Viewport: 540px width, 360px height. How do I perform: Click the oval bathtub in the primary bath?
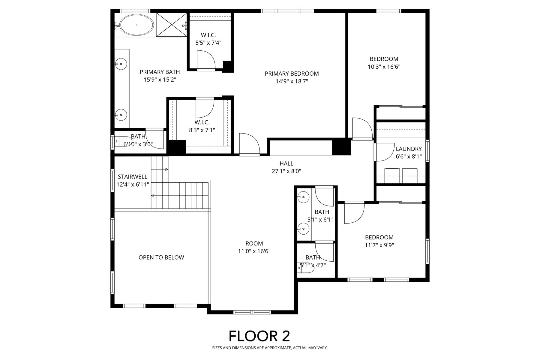tap(137, 25)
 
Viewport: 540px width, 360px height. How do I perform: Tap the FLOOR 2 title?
tap(259, 336)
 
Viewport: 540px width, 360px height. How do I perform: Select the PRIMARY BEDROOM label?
tap(292, 73)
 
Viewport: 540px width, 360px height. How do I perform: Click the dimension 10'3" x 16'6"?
tap(384, 67)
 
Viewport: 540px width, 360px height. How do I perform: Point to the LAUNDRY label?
tap(409, 149)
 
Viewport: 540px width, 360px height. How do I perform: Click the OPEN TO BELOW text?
tap(161, 257)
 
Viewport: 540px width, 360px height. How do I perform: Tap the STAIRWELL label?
tap(133, 177)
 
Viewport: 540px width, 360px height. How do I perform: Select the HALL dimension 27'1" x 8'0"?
tap(286, 171)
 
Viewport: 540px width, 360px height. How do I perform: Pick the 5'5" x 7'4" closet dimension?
tap(208, 43)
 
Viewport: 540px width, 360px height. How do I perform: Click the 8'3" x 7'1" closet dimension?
tap(202, 130)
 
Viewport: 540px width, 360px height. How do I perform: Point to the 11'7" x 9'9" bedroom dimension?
tap(379, 245)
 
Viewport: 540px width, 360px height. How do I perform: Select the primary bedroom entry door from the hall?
tap(249, 145)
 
